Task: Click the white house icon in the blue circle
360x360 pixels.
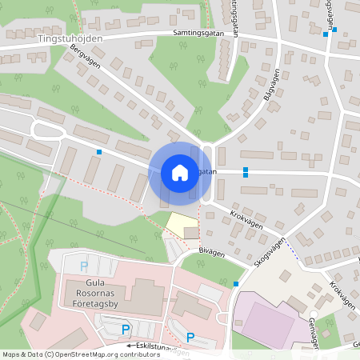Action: click(x=180, y=173)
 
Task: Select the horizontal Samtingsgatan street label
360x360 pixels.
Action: click(x=198, y=34)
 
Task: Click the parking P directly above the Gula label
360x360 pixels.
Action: click(x=84, y=266)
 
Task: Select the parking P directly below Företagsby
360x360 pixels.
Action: click(x=125, y=329)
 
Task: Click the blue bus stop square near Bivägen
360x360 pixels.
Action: click(x=235, y=284)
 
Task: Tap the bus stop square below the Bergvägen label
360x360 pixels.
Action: click(x=99, y=151)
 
